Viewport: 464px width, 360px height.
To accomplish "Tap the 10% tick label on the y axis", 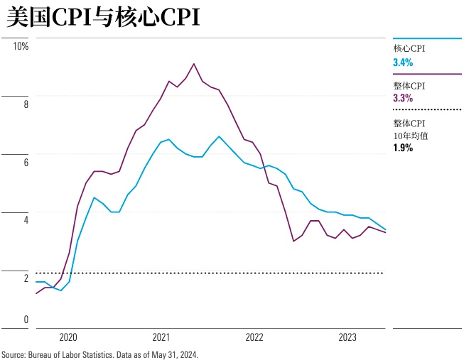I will pyautogui.click(x=20, y=46).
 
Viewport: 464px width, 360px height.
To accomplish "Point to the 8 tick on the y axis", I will pyautogui.click(x=26, y=104).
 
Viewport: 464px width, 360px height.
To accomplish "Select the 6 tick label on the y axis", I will pyautogui.click(x=26, y=163).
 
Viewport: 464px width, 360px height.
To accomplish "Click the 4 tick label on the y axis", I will pyautogui.click(x=26, y=220).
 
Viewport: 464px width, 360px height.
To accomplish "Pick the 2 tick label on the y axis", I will pyautogui.click(x=26, y=278).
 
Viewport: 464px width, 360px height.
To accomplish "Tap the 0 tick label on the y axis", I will pyautogui.click(x=26, y=320).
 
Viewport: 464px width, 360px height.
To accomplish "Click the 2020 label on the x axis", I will pyautogui.click(x=68, y=338).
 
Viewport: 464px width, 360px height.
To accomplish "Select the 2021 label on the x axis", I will pyautogui.click(x=161, y=338).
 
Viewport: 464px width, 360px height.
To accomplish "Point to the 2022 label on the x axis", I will pyautogui.click(x=254, y=338).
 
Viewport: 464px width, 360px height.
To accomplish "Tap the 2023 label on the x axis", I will pyautogui.click(x=347, y=338).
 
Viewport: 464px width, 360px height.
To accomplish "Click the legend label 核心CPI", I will pyautogui.click(x=409, y=49).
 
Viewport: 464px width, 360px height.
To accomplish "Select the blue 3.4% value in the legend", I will pyautogui.click(x=403, y=62).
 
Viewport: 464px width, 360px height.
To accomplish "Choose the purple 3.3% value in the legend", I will pyautogui.click(x=403, y=98).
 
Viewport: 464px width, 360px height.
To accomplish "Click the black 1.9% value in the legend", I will pyautogui.click(x=403, y=148).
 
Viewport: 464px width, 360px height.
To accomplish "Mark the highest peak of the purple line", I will pyautogui.click(x=194, y=64).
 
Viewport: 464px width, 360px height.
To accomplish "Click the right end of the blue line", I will pyautogui.click(x=385, y=229).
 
